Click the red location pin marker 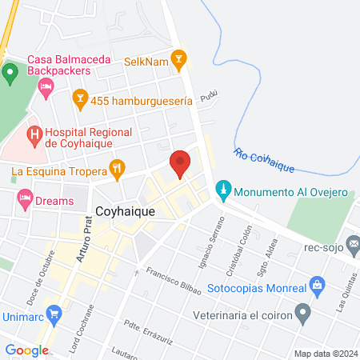tap(180, 162)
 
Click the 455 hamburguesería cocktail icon tap(79, 99)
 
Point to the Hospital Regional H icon tap(34, 136)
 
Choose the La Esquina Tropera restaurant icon tap(118, 169)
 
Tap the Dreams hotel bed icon tap(25, 198)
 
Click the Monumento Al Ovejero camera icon tap(224, 192)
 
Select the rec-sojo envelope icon tap(354, 243)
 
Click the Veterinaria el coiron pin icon tap(302, 311)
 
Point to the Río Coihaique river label tap(265, 161)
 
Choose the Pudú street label tap(209, 97)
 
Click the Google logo tap(26, 350)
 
